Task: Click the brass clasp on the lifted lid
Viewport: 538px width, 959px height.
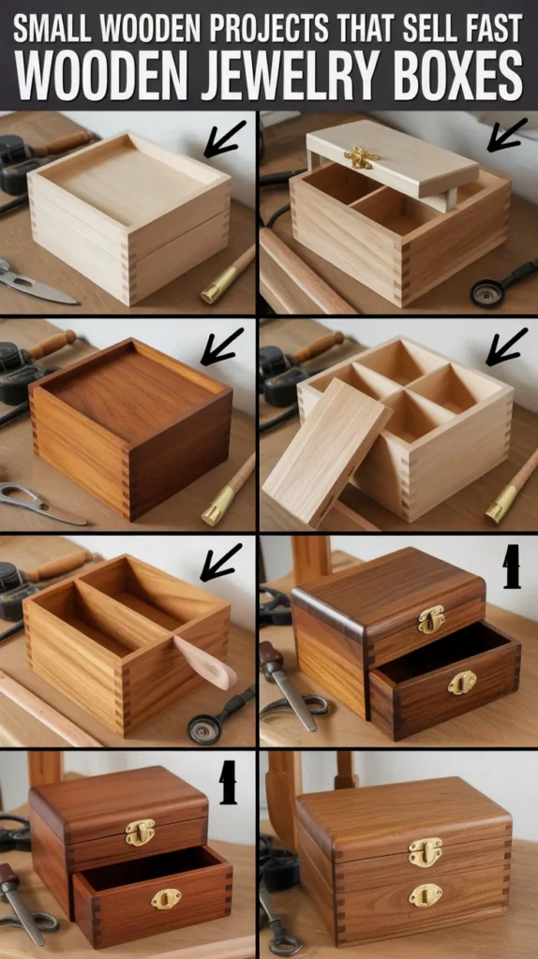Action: [361, 157]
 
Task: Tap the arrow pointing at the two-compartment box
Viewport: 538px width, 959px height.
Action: [221, 562]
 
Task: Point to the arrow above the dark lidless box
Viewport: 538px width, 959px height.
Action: [222, 346]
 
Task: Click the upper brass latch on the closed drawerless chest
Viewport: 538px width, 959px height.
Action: [425, 851]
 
